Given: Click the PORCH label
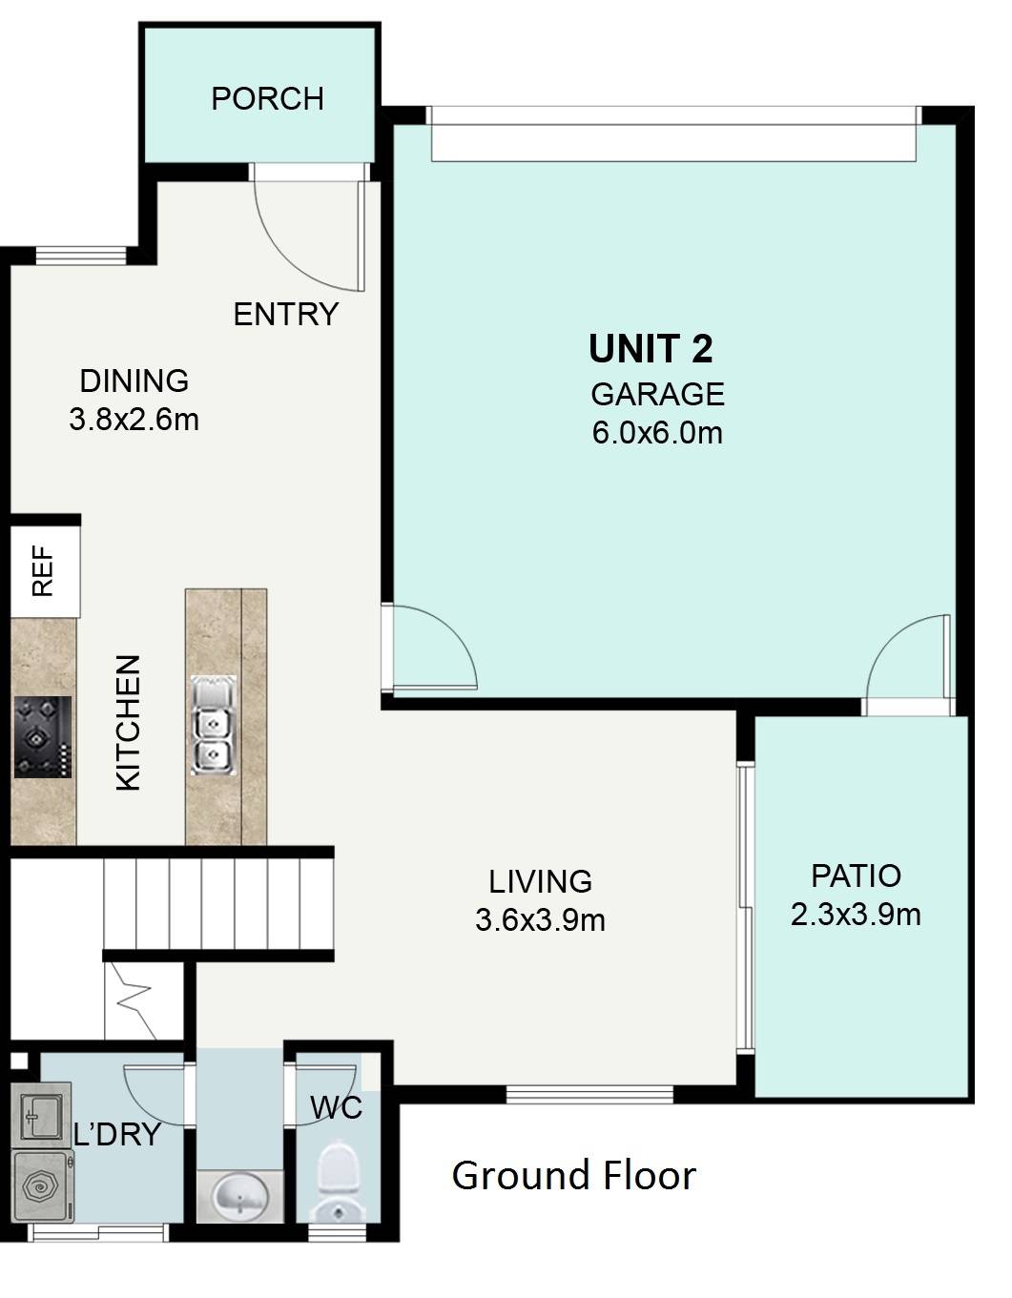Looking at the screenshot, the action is tap(267, 98).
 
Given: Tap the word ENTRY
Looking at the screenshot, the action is tap(285, 314).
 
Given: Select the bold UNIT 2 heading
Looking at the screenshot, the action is tap(651, 348).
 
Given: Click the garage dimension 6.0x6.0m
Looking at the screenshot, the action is tap(657, 432).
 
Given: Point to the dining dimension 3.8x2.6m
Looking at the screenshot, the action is tap(134, 420).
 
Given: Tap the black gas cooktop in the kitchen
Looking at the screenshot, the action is tap(42, 737).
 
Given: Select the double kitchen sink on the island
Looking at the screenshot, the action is tap(214, 725).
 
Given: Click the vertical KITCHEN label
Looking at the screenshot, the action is tap(128, 723).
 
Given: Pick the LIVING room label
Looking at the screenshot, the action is tap(540, 881).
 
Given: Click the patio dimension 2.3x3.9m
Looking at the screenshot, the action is tap(856, 915).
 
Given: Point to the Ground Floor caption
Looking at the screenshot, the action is tap(573, 1175).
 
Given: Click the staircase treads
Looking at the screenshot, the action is tap(218, 904).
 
